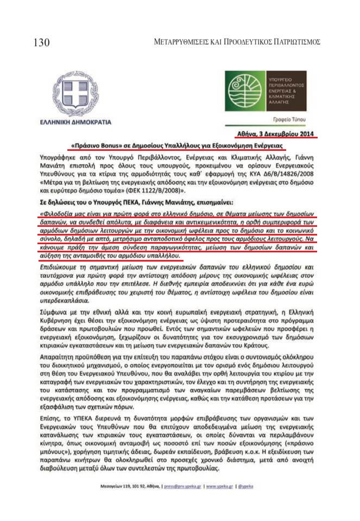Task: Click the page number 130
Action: tap(42, 42)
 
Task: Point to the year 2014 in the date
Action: tap(305, 134)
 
